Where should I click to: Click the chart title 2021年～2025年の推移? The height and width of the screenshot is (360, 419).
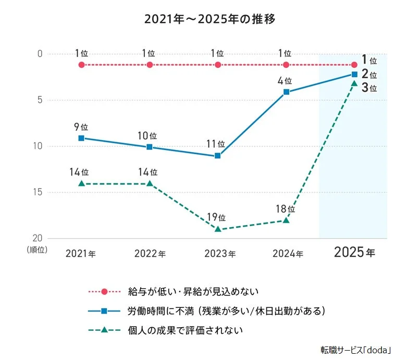tap(210, 19)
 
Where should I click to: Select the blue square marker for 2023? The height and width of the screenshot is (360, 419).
tap(218, 156)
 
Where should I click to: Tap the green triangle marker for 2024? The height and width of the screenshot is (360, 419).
tap(286, 220)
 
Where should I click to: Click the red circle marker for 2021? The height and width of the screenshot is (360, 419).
tap(81, 65)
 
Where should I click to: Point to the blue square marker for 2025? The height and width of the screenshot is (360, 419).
tap(354, 75)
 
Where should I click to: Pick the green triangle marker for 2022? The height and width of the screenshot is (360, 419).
tap(150, 183)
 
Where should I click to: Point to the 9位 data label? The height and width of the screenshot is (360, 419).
tap(81, 126)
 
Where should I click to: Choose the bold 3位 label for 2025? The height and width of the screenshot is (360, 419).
tap(369, 87)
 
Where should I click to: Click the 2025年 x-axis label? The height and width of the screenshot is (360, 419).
tap(354, 253)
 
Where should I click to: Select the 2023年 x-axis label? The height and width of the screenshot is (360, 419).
tap(218, 254)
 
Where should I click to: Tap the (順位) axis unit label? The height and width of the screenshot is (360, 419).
tap(36, 250)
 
